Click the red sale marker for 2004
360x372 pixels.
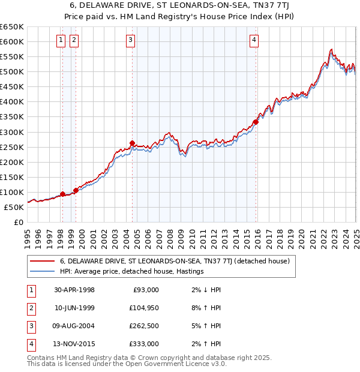click(x=132, y=143)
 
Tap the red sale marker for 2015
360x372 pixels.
click(x=256, y=122)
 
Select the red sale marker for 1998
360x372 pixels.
click(x=63, y=194)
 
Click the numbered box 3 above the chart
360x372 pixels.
click(x=131, y=40)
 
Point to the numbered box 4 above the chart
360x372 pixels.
click(x=254, y=40)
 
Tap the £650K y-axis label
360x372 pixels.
click(x=13, y=27)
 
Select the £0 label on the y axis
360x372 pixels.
click(x=19, y=223)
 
